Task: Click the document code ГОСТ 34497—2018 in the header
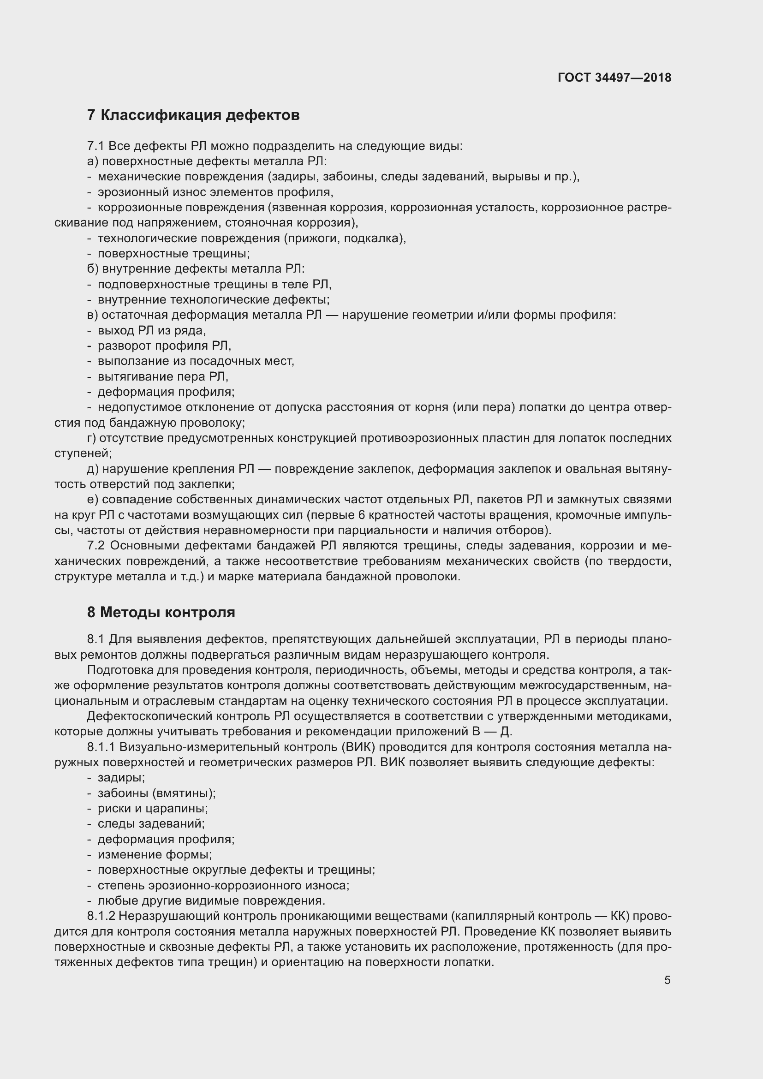(614, 77)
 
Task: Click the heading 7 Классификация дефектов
(193, 115)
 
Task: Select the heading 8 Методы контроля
(161, 612)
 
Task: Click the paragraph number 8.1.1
(101, 747)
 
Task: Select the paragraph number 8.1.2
(101, 916)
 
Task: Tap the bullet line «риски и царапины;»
(152, 808)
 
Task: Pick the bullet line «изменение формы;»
(155, 854)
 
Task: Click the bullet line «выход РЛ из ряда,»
(151, 330)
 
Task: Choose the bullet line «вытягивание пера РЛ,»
(162, 376)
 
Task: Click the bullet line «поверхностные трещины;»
(173, 254)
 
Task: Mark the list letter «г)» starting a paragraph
(92, 438)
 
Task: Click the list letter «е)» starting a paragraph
(92, 500)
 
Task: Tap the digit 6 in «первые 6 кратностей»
(361, 515)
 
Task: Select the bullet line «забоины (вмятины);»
(156, 793)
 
